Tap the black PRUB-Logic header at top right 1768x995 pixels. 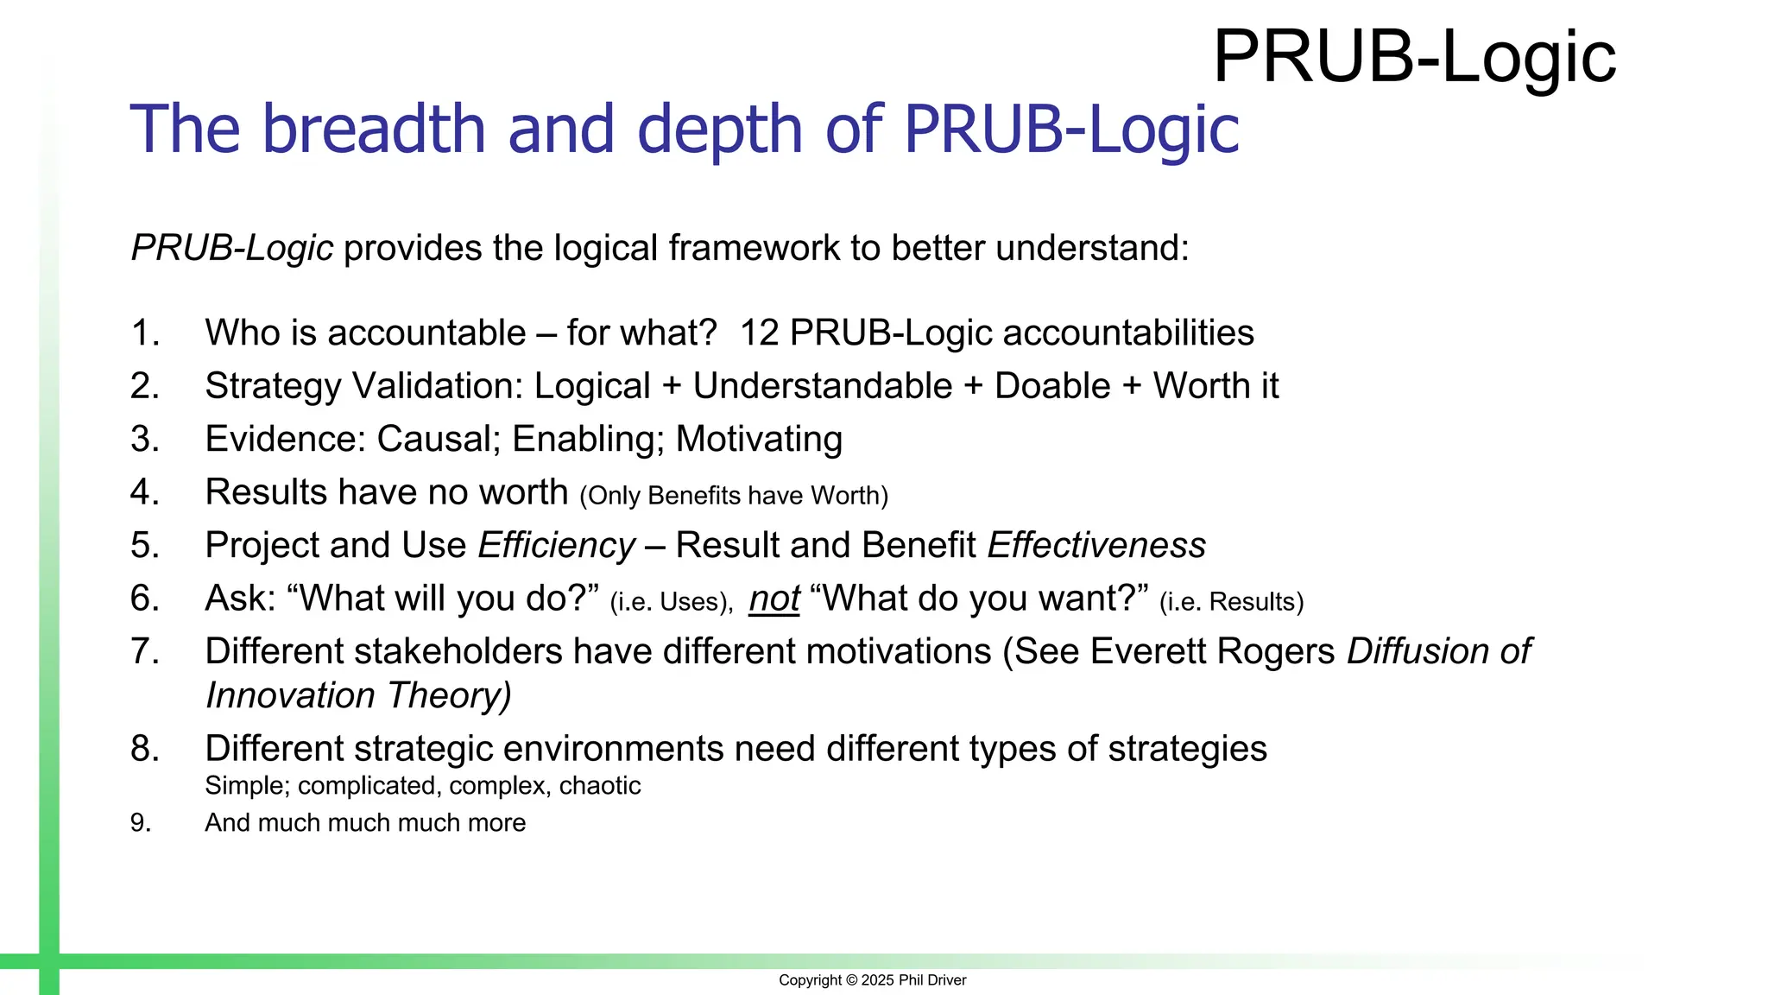(x=1414, y=57)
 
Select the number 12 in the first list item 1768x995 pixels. (x=759, y=333)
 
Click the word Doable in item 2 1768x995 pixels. (x=1052, y=386)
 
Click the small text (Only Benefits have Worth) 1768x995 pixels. (x=734, y=496)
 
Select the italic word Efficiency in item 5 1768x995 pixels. (x=557, y=546)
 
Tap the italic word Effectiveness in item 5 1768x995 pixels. (x=1096, y=546)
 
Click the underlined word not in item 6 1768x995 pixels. (x=774, y=599)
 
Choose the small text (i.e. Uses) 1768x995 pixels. (x=672, y=602)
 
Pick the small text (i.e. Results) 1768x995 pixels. (x=1231, y=602)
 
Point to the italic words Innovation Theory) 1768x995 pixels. (x=358, y=696)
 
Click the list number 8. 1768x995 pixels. (x=144, y=749)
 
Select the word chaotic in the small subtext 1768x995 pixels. (x=599, y=786)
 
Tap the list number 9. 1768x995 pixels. (x=140, y=823)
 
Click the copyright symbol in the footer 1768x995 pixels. (x=851, y=980)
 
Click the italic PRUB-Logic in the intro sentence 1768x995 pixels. (x=232, y=249)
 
